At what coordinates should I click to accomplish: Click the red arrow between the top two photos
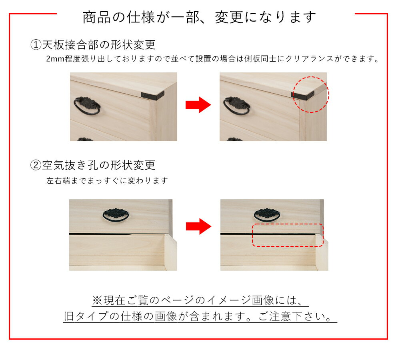(x=198, y=105)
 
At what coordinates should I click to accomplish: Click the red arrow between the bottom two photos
(x=198, y=226)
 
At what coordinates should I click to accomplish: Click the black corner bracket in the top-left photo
(x=152, y=96)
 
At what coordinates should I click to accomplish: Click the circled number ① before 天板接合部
(x=36, y=45)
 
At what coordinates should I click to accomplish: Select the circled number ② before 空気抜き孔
(x=36, y=165)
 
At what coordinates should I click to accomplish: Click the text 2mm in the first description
(x=55, y=59)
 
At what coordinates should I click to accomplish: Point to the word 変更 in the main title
(x=229, y=17)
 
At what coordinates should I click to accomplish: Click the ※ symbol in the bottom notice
(x=97, y=300)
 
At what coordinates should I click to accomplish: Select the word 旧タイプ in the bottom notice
(x=86, y=316)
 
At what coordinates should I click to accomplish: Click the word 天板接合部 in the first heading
(x=70, y=45)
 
